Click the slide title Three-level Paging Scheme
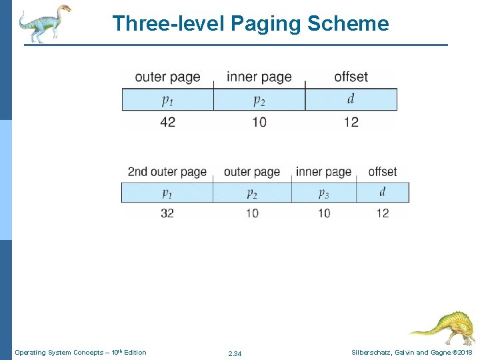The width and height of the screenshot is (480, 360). tap(250, 23)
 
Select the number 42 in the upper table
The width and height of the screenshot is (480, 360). tap(168, 122)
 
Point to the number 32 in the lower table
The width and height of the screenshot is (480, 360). tap(168, 213)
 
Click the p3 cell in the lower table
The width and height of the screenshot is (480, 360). tap(323, 193)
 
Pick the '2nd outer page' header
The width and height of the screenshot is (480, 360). tap(167, 172)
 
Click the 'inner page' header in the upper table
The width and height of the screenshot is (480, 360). tap(259, 77)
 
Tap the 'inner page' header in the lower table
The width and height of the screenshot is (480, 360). tap(323, 172)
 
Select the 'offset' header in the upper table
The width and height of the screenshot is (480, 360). tap(351, 77)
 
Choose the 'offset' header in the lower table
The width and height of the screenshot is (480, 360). tap(382, 172)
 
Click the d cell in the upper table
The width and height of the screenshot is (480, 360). tap(351, 99)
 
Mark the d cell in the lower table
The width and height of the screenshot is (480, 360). tap(383, 193)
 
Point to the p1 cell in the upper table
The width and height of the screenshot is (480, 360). tap(167, 100)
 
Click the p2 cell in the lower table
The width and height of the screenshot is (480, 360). tap(252, 193)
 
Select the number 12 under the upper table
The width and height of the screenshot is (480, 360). tap(351, 122)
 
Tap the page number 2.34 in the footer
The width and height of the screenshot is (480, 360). tap(235, 353)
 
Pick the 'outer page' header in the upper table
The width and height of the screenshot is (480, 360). tap(167, 77)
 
